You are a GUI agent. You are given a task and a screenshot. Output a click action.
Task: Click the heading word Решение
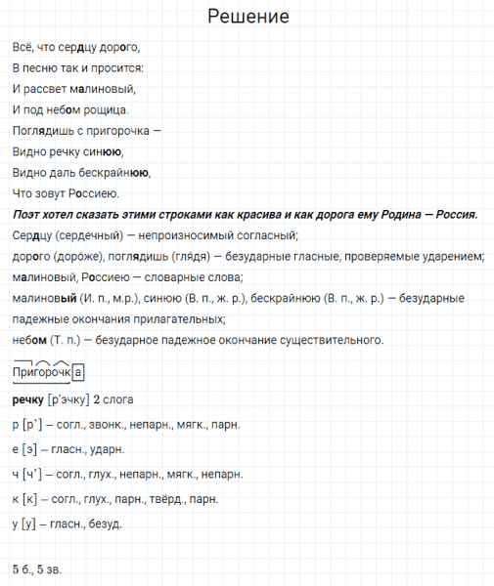(x=247, y=19)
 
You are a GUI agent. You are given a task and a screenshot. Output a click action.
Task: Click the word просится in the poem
(x=116, y=67)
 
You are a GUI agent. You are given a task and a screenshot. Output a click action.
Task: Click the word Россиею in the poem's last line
(x=95, y=192)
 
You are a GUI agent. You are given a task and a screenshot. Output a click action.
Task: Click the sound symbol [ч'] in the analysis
(x=34, y=474)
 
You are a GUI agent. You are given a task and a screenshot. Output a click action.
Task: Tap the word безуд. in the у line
(x=104, y=524)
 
